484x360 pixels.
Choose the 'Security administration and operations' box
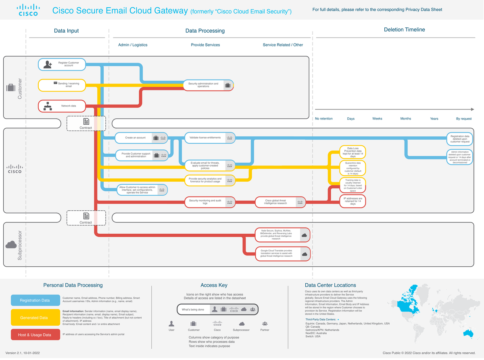(208, 85)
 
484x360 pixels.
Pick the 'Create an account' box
(141, 138)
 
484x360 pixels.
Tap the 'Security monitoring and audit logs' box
(210, 202)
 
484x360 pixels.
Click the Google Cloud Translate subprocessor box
(282, 253)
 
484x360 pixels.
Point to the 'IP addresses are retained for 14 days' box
(353, 201)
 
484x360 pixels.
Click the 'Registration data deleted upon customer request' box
(460, 139)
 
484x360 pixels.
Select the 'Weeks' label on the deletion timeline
(377, 119)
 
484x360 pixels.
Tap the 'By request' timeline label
(463, 119)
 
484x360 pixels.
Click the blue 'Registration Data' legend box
(35, 300)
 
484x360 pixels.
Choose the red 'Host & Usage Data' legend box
(35, 335)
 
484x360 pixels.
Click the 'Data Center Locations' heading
(330, 285)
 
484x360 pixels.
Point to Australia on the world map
(468, 334)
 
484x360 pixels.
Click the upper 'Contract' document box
(86, 123)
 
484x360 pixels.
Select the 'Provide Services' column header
(205, 45)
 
